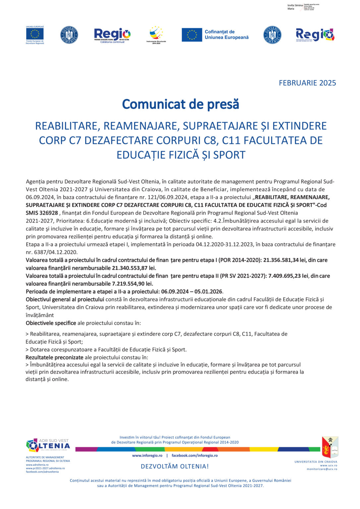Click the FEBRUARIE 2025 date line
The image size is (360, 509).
[307, 83]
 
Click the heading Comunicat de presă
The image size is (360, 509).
[180, 104]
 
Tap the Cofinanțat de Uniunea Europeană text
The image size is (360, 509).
[226, 34]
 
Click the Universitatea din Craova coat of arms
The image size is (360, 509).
[330, 447]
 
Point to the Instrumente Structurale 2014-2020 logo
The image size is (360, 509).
[156, 35]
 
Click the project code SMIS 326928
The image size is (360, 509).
[42, 213]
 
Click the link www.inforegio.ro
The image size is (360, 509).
[147, 456]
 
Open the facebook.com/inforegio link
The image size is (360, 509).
[195, 456]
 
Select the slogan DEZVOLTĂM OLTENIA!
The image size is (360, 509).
[175, 467]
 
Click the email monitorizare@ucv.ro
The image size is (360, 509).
[322, 469]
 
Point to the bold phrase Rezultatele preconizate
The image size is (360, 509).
[54, 358]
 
